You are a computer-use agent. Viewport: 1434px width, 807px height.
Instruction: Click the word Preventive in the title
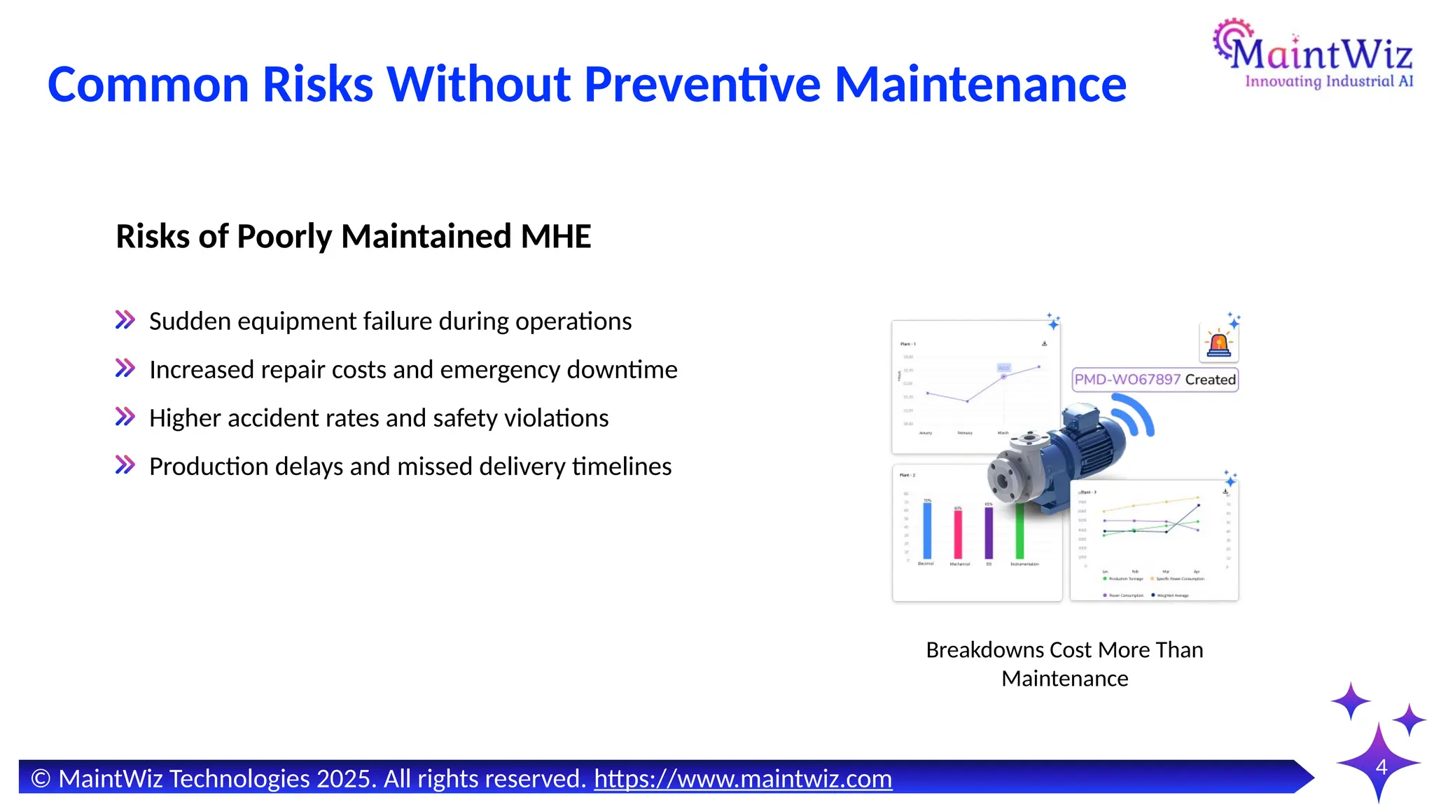coord(702,84)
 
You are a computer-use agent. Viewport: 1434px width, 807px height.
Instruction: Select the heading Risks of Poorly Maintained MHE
coord(354,236)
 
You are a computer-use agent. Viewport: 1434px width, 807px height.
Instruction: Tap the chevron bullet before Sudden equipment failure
coord(125,321)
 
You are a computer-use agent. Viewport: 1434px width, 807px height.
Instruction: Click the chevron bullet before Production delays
coord(125,465)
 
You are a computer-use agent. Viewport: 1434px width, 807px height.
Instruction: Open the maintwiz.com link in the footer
coord(743,779)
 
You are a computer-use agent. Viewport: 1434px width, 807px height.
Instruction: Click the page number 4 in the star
coord(1381,767)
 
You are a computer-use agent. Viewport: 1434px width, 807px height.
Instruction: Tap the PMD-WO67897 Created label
coord(1155,380)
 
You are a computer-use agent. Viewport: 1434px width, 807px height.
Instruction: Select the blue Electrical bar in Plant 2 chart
coord(927,530)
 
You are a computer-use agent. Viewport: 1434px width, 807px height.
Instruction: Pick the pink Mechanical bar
coord(958,534)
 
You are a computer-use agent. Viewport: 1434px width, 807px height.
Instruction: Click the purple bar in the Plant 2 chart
coord(989,532)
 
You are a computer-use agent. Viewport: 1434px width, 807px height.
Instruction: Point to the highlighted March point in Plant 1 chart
coord(1003,376)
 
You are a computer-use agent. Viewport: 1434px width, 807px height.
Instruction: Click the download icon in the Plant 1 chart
coord(1044,343)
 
